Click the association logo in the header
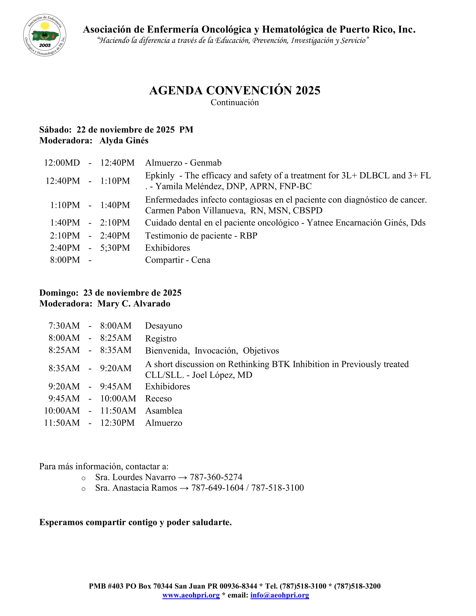point(45,35)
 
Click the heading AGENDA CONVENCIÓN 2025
point(235,90)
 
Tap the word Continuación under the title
point(235,102)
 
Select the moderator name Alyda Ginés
point(124,141)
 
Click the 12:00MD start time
point(62,163)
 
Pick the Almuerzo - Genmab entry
point(183,163)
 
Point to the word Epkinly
point(160,176)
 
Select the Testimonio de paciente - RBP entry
point(201,235)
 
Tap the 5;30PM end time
point(115,248)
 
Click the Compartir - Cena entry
point(178,260)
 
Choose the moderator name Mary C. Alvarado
point(134,304)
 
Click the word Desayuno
point(164,326)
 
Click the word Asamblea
point(164,411)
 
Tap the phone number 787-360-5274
point(216,477)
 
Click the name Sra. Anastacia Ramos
point(136,488)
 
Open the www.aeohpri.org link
point(191,595)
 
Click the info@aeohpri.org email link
point(279,595)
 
